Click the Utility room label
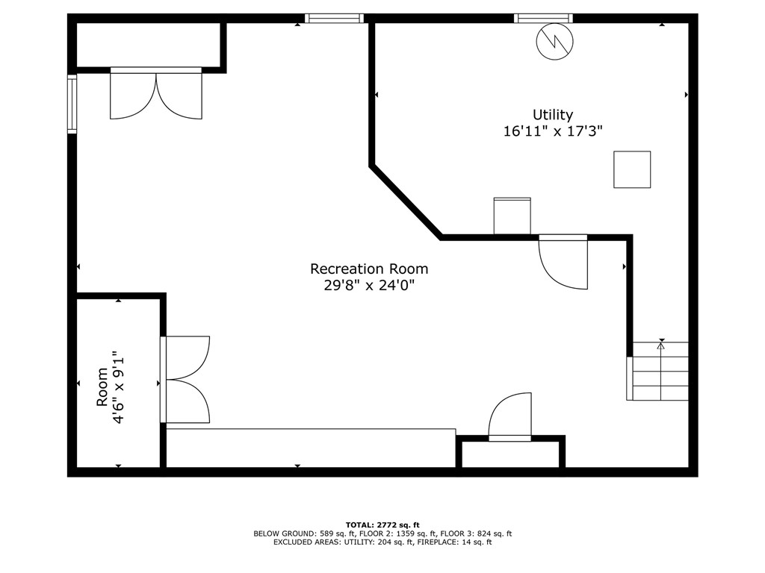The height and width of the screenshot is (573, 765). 553,115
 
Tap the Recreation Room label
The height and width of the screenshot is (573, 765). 369,269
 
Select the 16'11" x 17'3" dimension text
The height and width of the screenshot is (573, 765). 553,131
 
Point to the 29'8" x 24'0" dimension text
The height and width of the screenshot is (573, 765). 369,285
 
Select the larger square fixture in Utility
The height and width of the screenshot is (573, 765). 632,169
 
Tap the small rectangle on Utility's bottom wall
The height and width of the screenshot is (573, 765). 512,216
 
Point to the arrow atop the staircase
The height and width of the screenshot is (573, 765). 660,345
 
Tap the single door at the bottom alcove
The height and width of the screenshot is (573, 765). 510,416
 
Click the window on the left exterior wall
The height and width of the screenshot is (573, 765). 72,104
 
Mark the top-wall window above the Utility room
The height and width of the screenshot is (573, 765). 543,18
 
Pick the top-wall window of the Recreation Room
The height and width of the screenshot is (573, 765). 334,18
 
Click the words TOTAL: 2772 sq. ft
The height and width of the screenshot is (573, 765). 382,525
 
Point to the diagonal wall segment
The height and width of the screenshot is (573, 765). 406,202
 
